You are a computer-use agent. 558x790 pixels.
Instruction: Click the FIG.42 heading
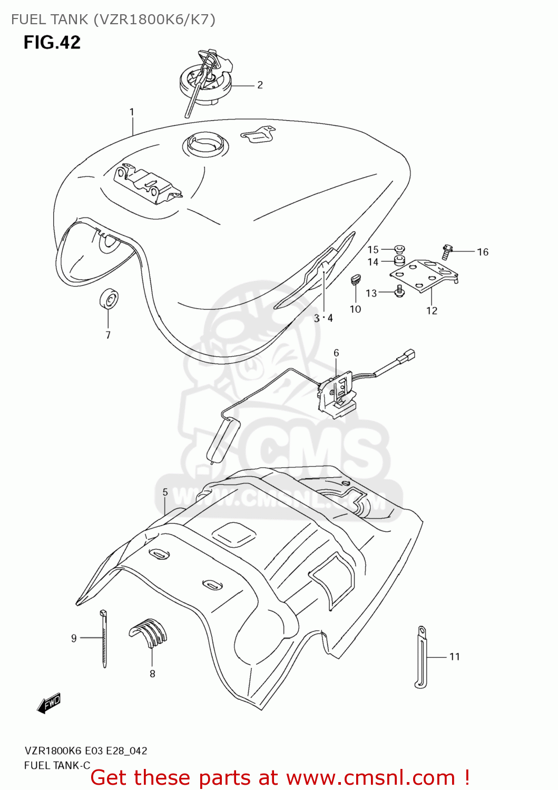tap(52, 42)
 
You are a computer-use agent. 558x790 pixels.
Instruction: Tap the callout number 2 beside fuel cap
tap(260, 85)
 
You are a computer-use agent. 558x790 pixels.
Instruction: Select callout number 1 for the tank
tap(132, 112)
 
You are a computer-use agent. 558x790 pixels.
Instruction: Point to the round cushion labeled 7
tap(109, 300)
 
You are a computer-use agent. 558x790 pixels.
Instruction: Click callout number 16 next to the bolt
tap(483, 252)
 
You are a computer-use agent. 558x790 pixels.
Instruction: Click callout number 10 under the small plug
tap(356, 309)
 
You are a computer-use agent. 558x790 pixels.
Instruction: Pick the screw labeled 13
tap(399, 291)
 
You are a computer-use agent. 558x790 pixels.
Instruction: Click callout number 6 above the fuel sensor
tap(336, 353)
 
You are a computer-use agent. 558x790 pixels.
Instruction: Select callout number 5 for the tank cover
tap(165, 492)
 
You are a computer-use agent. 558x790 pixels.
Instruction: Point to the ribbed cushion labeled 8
tap(150, 632)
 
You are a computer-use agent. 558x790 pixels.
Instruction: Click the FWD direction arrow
tap(50, 703)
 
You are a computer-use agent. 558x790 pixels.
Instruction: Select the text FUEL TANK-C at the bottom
tap(57, 765)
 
